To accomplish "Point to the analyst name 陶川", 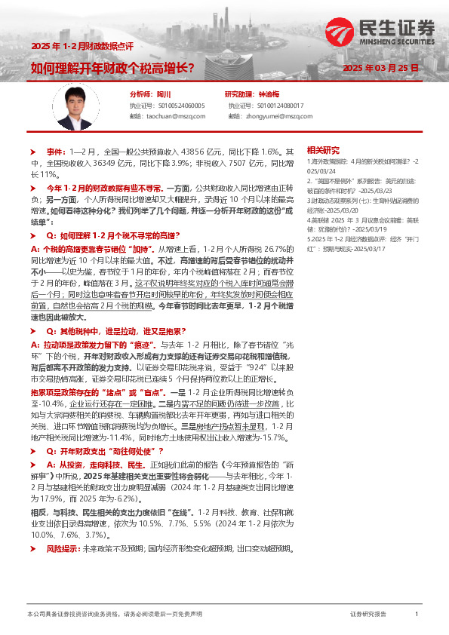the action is [164, 94].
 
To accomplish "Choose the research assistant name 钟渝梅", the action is [269, 94].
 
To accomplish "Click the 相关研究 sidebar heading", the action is [324, 149].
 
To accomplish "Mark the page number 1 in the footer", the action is [417, 615].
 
